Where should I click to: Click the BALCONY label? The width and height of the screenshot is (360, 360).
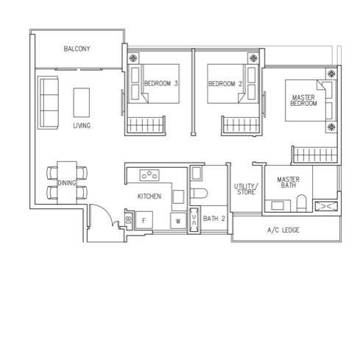(x=77, y=49)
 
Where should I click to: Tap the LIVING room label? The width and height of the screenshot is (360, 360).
(x=82, y=126)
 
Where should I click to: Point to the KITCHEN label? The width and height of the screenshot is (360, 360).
(x=149, y=197)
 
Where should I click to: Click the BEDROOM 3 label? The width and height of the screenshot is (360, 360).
(x=161, y=84)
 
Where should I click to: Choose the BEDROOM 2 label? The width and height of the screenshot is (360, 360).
(x=225, y=84)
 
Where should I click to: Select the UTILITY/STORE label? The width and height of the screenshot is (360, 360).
(x=245, y=189)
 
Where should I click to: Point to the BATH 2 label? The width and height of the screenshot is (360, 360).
(x=213, y=219)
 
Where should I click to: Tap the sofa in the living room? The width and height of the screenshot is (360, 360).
(x=49, y=102)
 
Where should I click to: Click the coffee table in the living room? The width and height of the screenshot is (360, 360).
(x=82, y=101)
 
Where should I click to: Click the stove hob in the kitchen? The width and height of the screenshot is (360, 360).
(x=150, y=174)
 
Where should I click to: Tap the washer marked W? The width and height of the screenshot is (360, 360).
(x=178, y=220)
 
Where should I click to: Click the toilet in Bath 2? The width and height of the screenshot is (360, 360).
(x=197, y=193)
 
